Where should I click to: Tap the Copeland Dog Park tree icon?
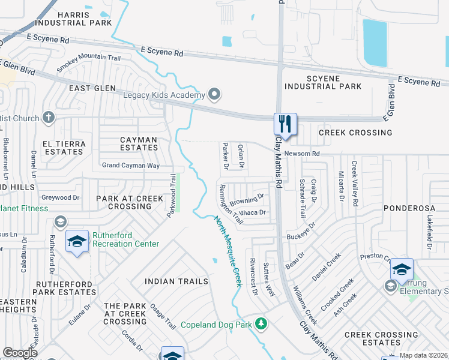tap(261, 325)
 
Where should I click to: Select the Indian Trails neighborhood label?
tap(176, 281)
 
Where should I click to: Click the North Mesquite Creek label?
tap(228, 251)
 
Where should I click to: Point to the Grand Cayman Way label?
tap(130, 165)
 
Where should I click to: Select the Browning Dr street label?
tap(247, 199)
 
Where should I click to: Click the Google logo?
tap(20, 353)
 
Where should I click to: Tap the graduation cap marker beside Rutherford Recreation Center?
tap(77, 241)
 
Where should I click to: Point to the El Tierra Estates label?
tap(62, 148)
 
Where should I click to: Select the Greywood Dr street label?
tap(60, 197)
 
